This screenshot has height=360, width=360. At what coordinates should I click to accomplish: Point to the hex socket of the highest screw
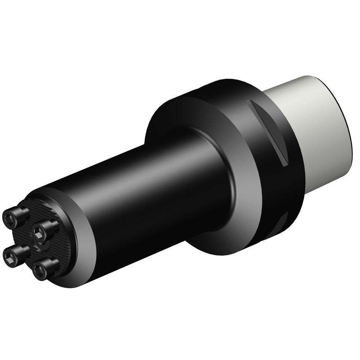click(9, 218)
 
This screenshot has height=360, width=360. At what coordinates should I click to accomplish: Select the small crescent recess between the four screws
click(42, 245)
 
